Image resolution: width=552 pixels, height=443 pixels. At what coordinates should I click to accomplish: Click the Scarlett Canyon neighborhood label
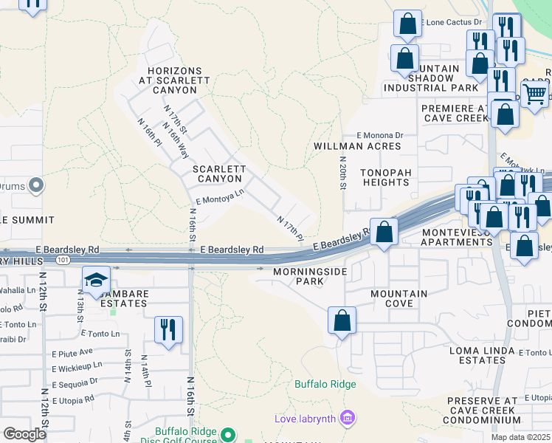coord(218,174)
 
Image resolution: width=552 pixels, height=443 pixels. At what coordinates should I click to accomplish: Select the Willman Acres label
coord(357,146)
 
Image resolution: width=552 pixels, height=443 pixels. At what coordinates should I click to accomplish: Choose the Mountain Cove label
coord(399,299)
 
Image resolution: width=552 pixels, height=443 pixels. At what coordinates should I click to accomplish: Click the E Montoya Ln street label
coord(219,196)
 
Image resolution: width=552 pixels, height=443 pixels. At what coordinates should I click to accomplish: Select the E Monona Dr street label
coord(380,135)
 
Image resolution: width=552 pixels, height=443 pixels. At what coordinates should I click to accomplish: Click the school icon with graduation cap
coord(97,280)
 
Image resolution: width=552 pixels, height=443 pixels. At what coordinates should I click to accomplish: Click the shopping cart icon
coord(534,93)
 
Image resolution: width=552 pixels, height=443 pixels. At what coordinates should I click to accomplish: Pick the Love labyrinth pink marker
coord(347,419)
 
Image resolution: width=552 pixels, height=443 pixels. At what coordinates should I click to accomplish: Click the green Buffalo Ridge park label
coord(325,384)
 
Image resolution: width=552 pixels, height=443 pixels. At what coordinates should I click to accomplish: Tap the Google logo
coord(24,434)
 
